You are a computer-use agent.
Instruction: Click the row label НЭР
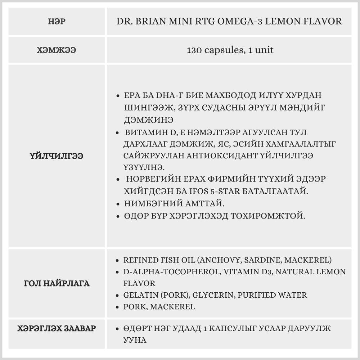(x=56, y=21)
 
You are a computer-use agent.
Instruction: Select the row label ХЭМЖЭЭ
(x=56, y=50)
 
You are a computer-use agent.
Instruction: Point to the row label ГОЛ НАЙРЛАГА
(x=56, y=283)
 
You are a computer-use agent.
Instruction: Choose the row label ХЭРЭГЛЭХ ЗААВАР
(x=56, y=328)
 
